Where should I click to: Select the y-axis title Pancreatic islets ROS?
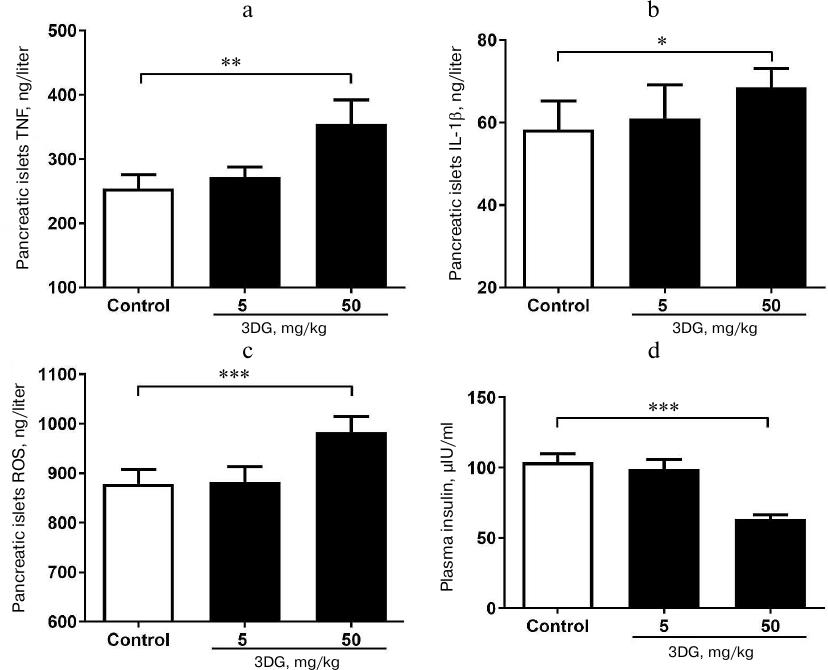(21, 497)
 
